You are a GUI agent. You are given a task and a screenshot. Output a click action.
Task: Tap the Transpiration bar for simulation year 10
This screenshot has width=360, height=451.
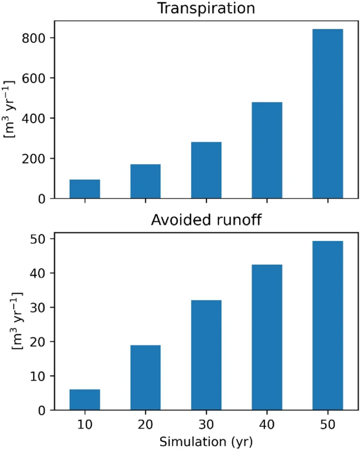85,189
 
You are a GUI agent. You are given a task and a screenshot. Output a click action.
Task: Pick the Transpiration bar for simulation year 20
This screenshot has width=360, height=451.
146,181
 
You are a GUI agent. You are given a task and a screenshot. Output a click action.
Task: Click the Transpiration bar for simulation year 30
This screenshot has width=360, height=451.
206,170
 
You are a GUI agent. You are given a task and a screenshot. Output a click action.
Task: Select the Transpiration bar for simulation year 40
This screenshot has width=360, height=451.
267,150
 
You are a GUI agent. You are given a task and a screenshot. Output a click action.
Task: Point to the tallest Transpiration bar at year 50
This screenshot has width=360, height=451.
327,114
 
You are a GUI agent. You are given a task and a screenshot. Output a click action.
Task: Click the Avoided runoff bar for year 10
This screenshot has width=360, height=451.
85,400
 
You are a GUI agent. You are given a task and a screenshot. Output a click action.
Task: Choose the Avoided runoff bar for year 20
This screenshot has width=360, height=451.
146,377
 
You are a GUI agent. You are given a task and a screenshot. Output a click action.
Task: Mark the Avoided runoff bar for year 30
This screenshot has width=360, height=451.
206,355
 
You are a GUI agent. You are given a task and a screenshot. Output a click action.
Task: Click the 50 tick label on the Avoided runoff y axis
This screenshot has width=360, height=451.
39,239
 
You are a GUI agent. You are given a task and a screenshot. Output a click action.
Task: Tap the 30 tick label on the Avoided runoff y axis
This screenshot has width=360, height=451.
39,307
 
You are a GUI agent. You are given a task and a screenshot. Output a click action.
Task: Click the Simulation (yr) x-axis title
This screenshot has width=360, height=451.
206,440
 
